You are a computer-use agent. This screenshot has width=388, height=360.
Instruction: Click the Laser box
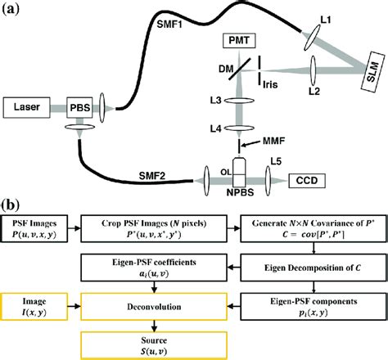(x=27, y=106)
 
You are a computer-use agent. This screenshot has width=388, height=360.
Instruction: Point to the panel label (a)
(x=12, y=11)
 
